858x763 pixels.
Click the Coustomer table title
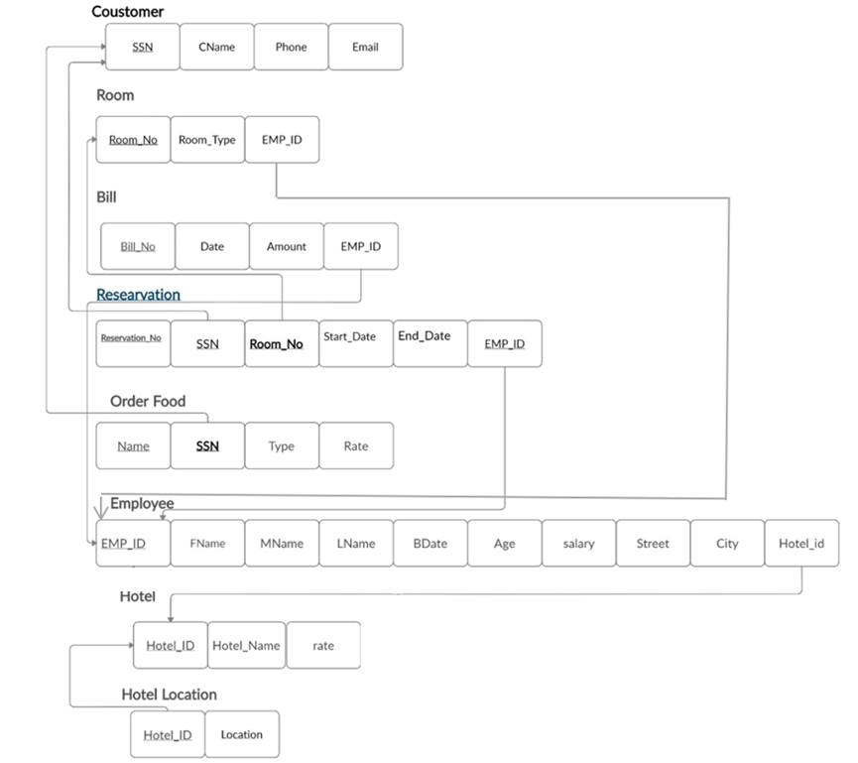click(x=128, y=12)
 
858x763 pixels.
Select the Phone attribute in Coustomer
click(x=291, y=47)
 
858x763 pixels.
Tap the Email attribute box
click(x=365, y=47)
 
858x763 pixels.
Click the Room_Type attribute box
click(x=207, y=140)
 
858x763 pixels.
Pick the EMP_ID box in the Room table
click(x=282, y=140)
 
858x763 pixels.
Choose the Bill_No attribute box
click(x=138, y=246)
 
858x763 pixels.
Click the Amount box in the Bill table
click(x=287, y=246)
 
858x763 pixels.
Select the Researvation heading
click(x=138, y=295)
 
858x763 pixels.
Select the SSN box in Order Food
click(x=207, y=445)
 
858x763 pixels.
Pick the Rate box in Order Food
click(x=356, y=445)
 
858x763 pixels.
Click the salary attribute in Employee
click(x=578, y=544)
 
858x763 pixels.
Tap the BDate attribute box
click(x=429, y=544)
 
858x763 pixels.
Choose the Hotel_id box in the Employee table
click(x=801, y=544)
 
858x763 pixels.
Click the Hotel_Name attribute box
click(x=247, y=646)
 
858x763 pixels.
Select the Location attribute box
click(x=242, y=735)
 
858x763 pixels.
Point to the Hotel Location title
click(x=169, y=695)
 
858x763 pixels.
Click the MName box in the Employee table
click(x=282, y=544)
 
